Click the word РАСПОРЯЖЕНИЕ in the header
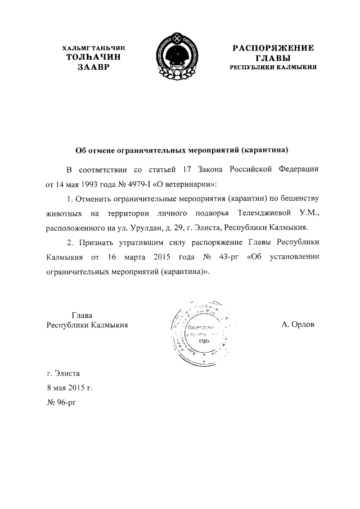pos(273,48)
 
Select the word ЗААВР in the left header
pos(91,67)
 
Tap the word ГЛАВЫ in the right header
pos(273,57)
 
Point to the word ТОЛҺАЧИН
pos(92,57)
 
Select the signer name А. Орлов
pos(298,325)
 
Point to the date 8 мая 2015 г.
pos(69,388)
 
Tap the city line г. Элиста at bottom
pos(64,372)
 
